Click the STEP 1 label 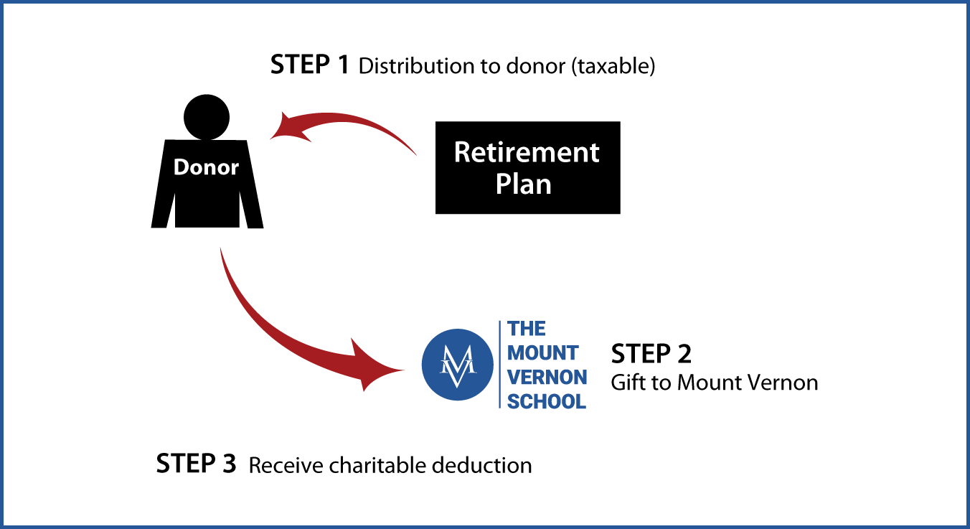310,65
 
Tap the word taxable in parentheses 613,66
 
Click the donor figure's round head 207,117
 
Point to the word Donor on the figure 206,167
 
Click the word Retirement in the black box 527,152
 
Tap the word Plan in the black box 524,184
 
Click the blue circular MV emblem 457,365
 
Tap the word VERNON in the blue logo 547,377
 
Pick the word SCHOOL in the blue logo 547,401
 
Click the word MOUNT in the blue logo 542,352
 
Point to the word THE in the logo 526,329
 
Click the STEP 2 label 651,354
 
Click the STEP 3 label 196,463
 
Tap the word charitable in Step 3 377,465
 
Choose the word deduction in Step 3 481,465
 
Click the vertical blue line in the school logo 500,365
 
